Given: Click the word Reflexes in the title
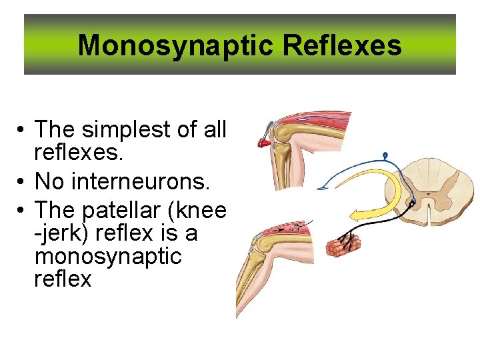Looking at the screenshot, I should pos(342,46).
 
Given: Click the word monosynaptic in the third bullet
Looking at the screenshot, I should pos(107,256).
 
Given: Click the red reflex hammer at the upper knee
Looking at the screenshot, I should pos(265,141).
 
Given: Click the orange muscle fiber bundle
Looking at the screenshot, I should pos(343,244).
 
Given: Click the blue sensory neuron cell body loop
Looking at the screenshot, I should pos(385,156).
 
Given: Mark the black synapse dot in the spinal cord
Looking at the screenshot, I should pos(413,201).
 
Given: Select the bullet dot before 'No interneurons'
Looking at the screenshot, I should pos(23,181).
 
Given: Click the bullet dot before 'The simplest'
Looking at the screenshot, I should pos(23,129).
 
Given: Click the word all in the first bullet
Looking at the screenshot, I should pos(213,129).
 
